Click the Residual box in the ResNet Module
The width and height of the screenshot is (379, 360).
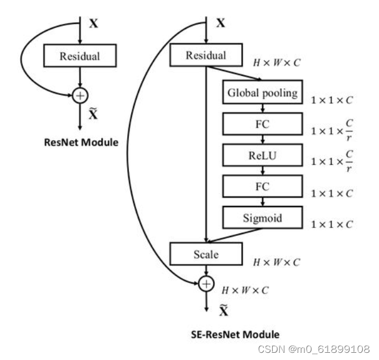click(79, 57)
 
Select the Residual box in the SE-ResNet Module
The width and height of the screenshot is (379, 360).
click(206, 56)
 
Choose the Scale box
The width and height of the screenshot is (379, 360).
click(206, 254)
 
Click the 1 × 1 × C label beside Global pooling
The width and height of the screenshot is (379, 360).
click(331, 100)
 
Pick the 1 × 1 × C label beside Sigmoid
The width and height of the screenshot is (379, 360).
click(331, 225)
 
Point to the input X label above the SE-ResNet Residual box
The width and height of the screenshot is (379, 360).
click(220, 24)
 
